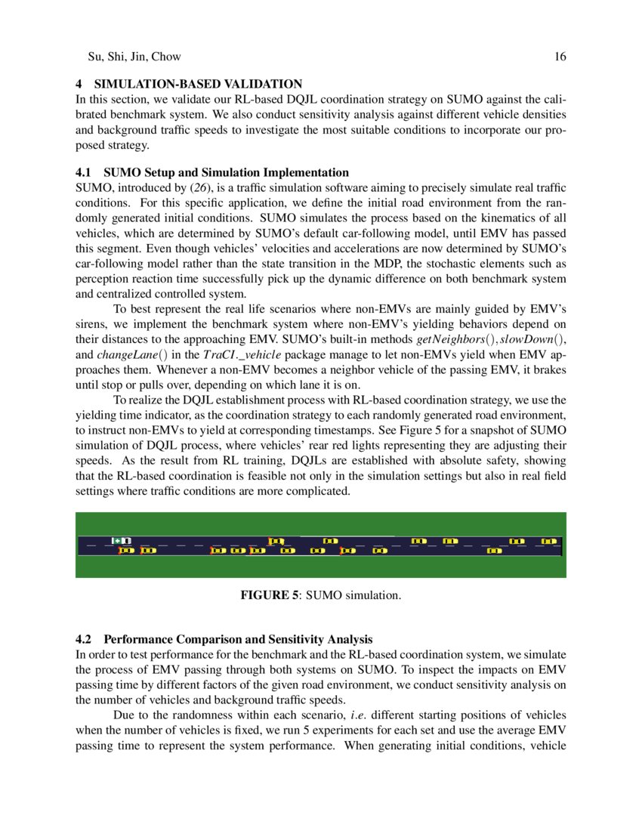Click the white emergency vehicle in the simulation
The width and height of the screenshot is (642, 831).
(x=122, y=540)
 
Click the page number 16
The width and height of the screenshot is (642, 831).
(x=560, y=57)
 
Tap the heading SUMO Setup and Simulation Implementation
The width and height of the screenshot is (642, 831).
(x=227, y=172)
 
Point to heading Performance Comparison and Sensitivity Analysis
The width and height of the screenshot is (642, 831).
(x=238, y=639)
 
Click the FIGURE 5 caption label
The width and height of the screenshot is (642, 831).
(x=269, y=596)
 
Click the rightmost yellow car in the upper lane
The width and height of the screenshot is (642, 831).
(x=549, y=541)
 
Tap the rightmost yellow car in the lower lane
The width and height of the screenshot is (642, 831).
(x=495, y=551)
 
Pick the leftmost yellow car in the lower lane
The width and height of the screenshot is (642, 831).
(x=126, y=551)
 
